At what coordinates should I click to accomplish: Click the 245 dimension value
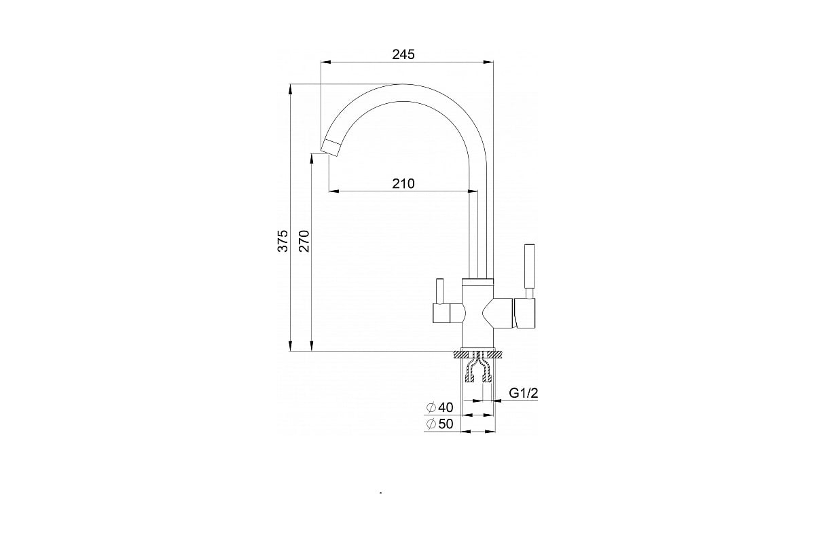pos(403,54)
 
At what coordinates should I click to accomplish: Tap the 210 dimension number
pos(403,184)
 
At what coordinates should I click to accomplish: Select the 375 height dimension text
pos(283,241)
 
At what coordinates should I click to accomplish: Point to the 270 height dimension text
pos(304,241)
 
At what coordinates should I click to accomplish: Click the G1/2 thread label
pos(523,393)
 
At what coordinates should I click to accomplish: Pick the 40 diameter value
pos(446,408)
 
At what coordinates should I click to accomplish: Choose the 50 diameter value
pos(446,424)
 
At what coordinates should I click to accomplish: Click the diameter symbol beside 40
pos(431,408)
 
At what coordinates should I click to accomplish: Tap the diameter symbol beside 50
pos(431,424)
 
